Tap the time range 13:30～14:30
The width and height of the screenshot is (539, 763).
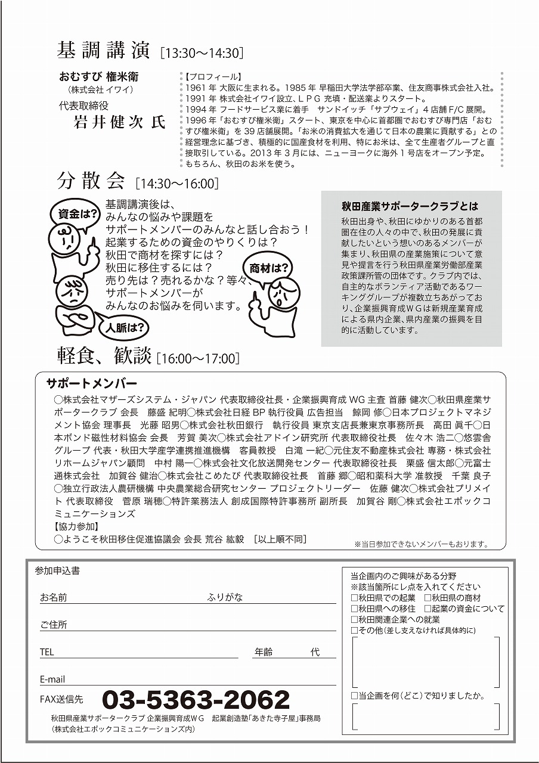202,54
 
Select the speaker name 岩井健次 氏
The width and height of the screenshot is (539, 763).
119,123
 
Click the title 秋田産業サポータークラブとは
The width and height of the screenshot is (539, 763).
410,206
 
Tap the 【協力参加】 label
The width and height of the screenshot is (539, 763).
76,527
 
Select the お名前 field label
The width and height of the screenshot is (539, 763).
54,597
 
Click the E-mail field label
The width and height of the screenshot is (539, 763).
52,680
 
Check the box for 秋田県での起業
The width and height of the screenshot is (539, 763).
355,598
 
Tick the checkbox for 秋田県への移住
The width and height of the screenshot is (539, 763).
355,609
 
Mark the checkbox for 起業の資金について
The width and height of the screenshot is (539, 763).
428,609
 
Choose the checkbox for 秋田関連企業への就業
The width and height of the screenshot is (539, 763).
355,619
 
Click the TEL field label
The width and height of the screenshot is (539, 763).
47,652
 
